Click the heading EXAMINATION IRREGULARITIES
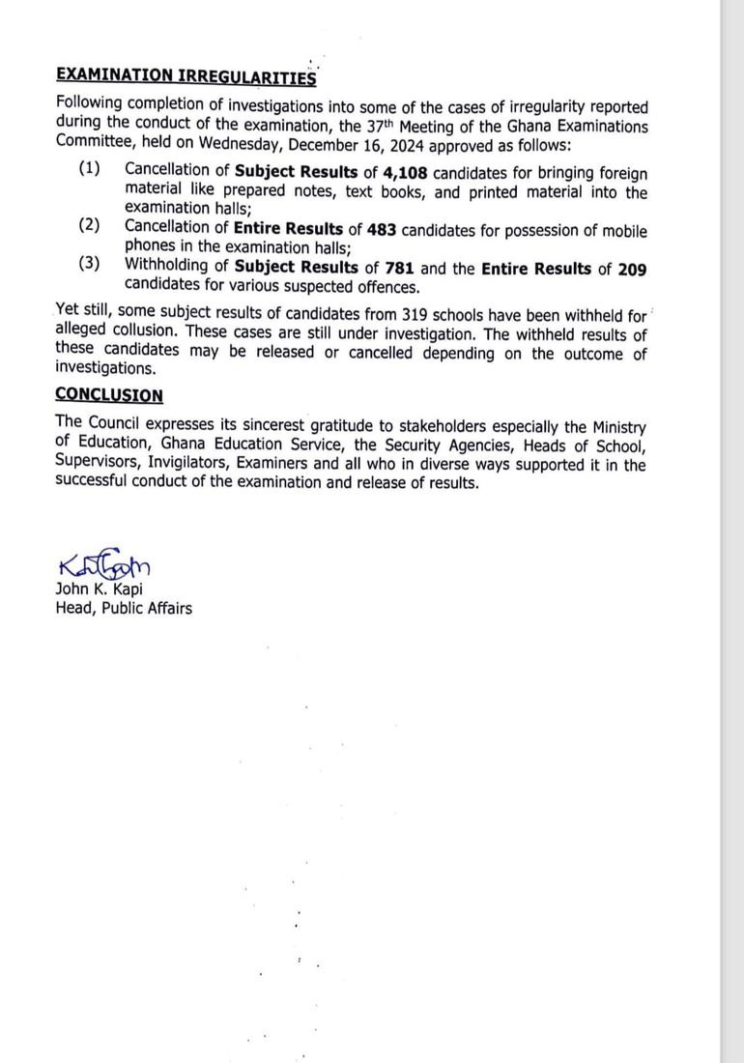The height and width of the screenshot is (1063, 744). (186, 75)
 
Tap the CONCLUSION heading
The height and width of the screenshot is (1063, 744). (109, 395)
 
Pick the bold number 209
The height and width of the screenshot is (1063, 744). (631, 270)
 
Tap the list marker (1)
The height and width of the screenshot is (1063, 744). (90, 169)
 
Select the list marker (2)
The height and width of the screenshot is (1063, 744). (90, 226)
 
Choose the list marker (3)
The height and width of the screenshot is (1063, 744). (90, 264)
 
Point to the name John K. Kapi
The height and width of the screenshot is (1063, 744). (99, 590)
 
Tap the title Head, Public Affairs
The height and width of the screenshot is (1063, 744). (124, 608)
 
